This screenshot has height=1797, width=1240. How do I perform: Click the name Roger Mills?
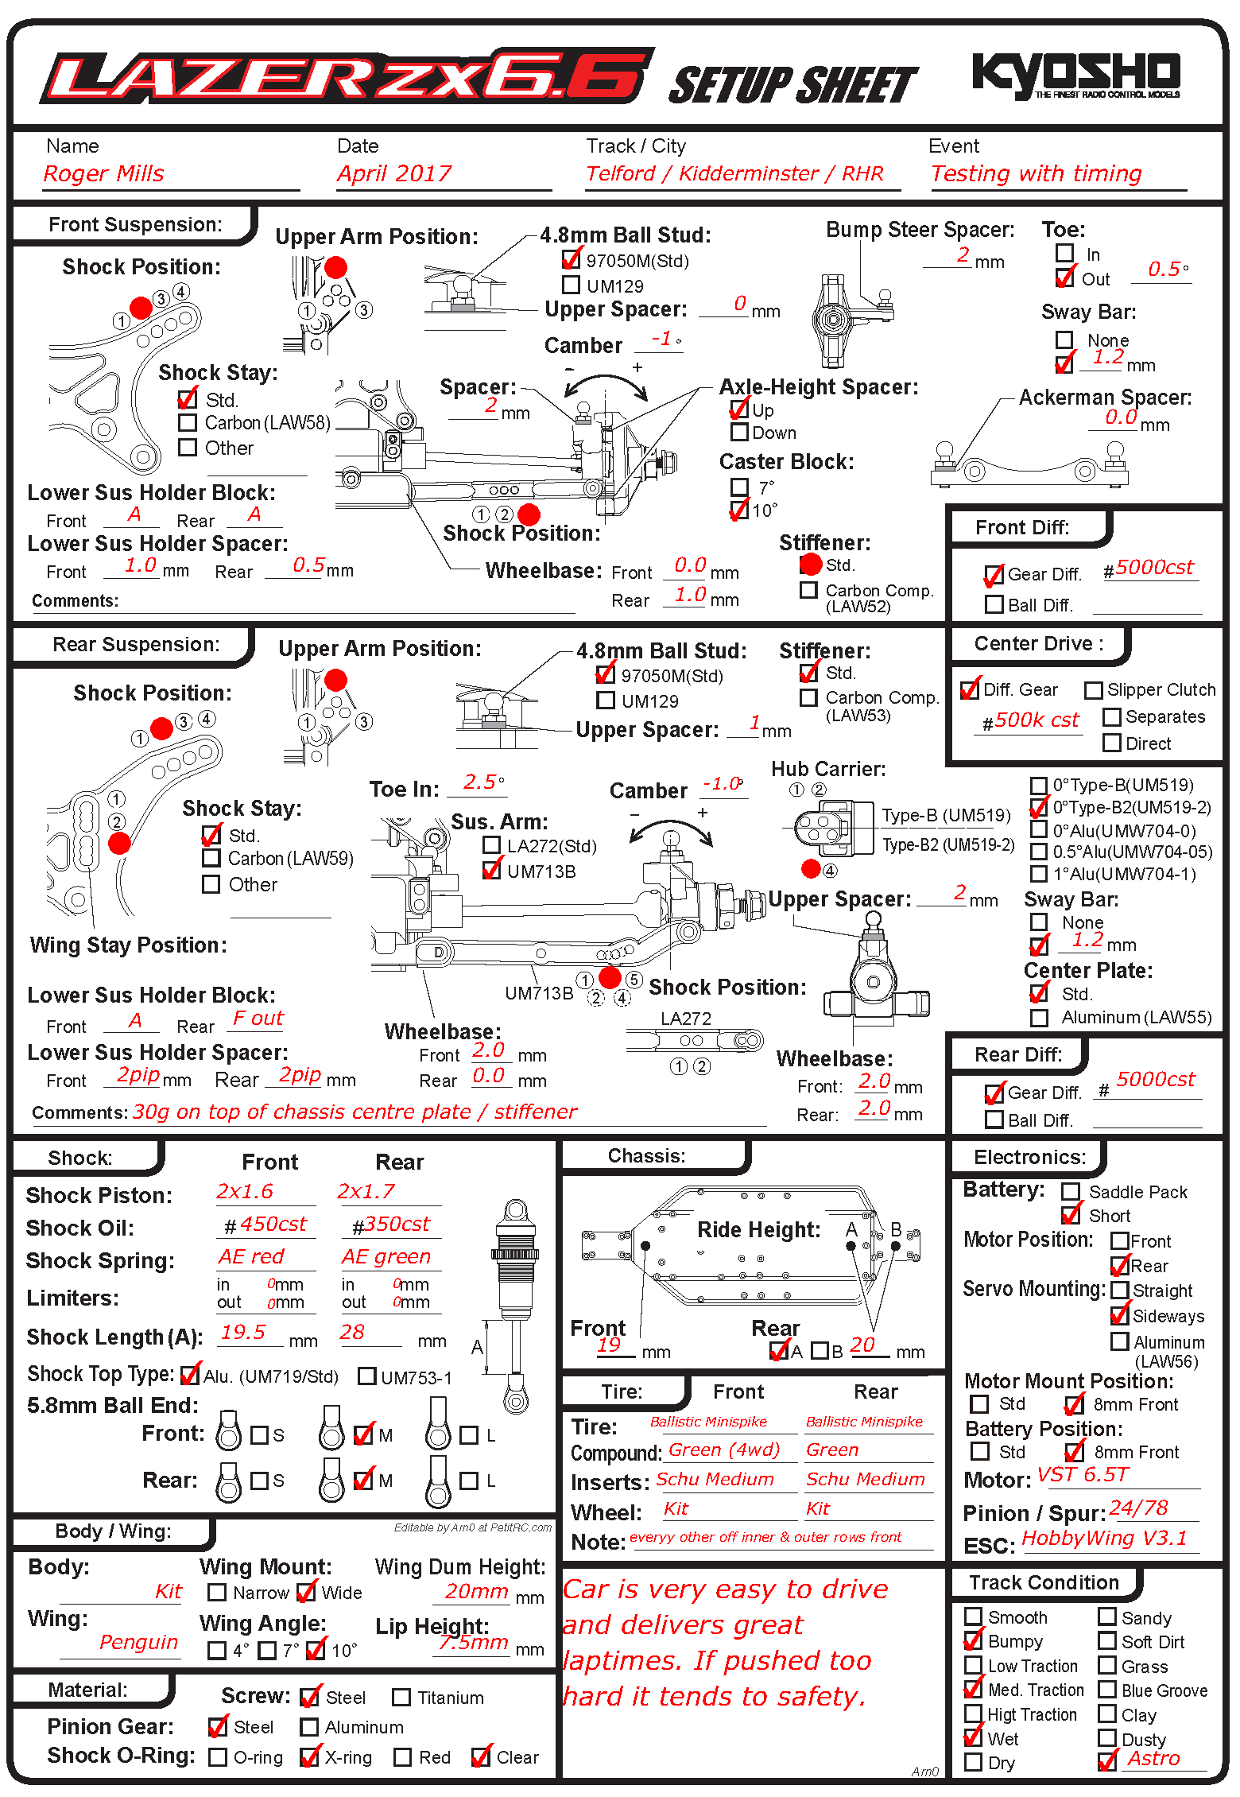tap(104, 173)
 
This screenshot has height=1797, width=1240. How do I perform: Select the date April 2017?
tap(394, 173)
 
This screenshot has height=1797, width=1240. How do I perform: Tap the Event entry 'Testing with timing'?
tap(1036, 173)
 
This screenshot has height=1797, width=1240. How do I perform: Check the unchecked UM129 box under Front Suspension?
tap(571, 285)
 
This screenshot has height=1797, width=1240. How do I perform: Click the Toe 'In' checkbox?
tap(1064, 253)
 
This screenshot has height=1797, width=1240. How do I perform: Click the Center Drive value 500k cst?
tap(1036, 720)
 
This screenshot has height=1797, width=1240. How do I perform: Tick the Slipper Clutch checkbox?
tap(1094, 690)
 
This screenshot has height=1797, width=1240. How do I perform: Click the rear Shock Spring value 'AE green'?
tap(386, 1257)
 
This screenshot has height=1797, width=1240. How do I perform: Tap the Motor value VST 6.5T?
tap(1083, 1475)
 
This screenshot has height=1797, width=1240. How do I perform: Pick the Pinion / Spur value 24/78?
tap(1138, 1508)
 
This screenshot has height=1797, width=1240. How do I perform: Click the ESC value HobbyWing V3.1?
tap(1104, 1539)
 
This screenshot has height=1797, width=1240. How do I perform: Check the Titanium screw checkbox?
tap(401, 1698)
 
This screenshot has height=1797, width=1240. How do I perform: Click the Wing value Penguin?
tap(138, 1643)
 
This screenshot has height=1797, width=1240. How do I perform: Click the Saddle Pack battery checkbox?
tap(1071, 1191)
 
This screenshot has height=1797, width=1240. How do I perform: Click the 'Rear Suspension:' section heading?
tap(136, 644)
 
